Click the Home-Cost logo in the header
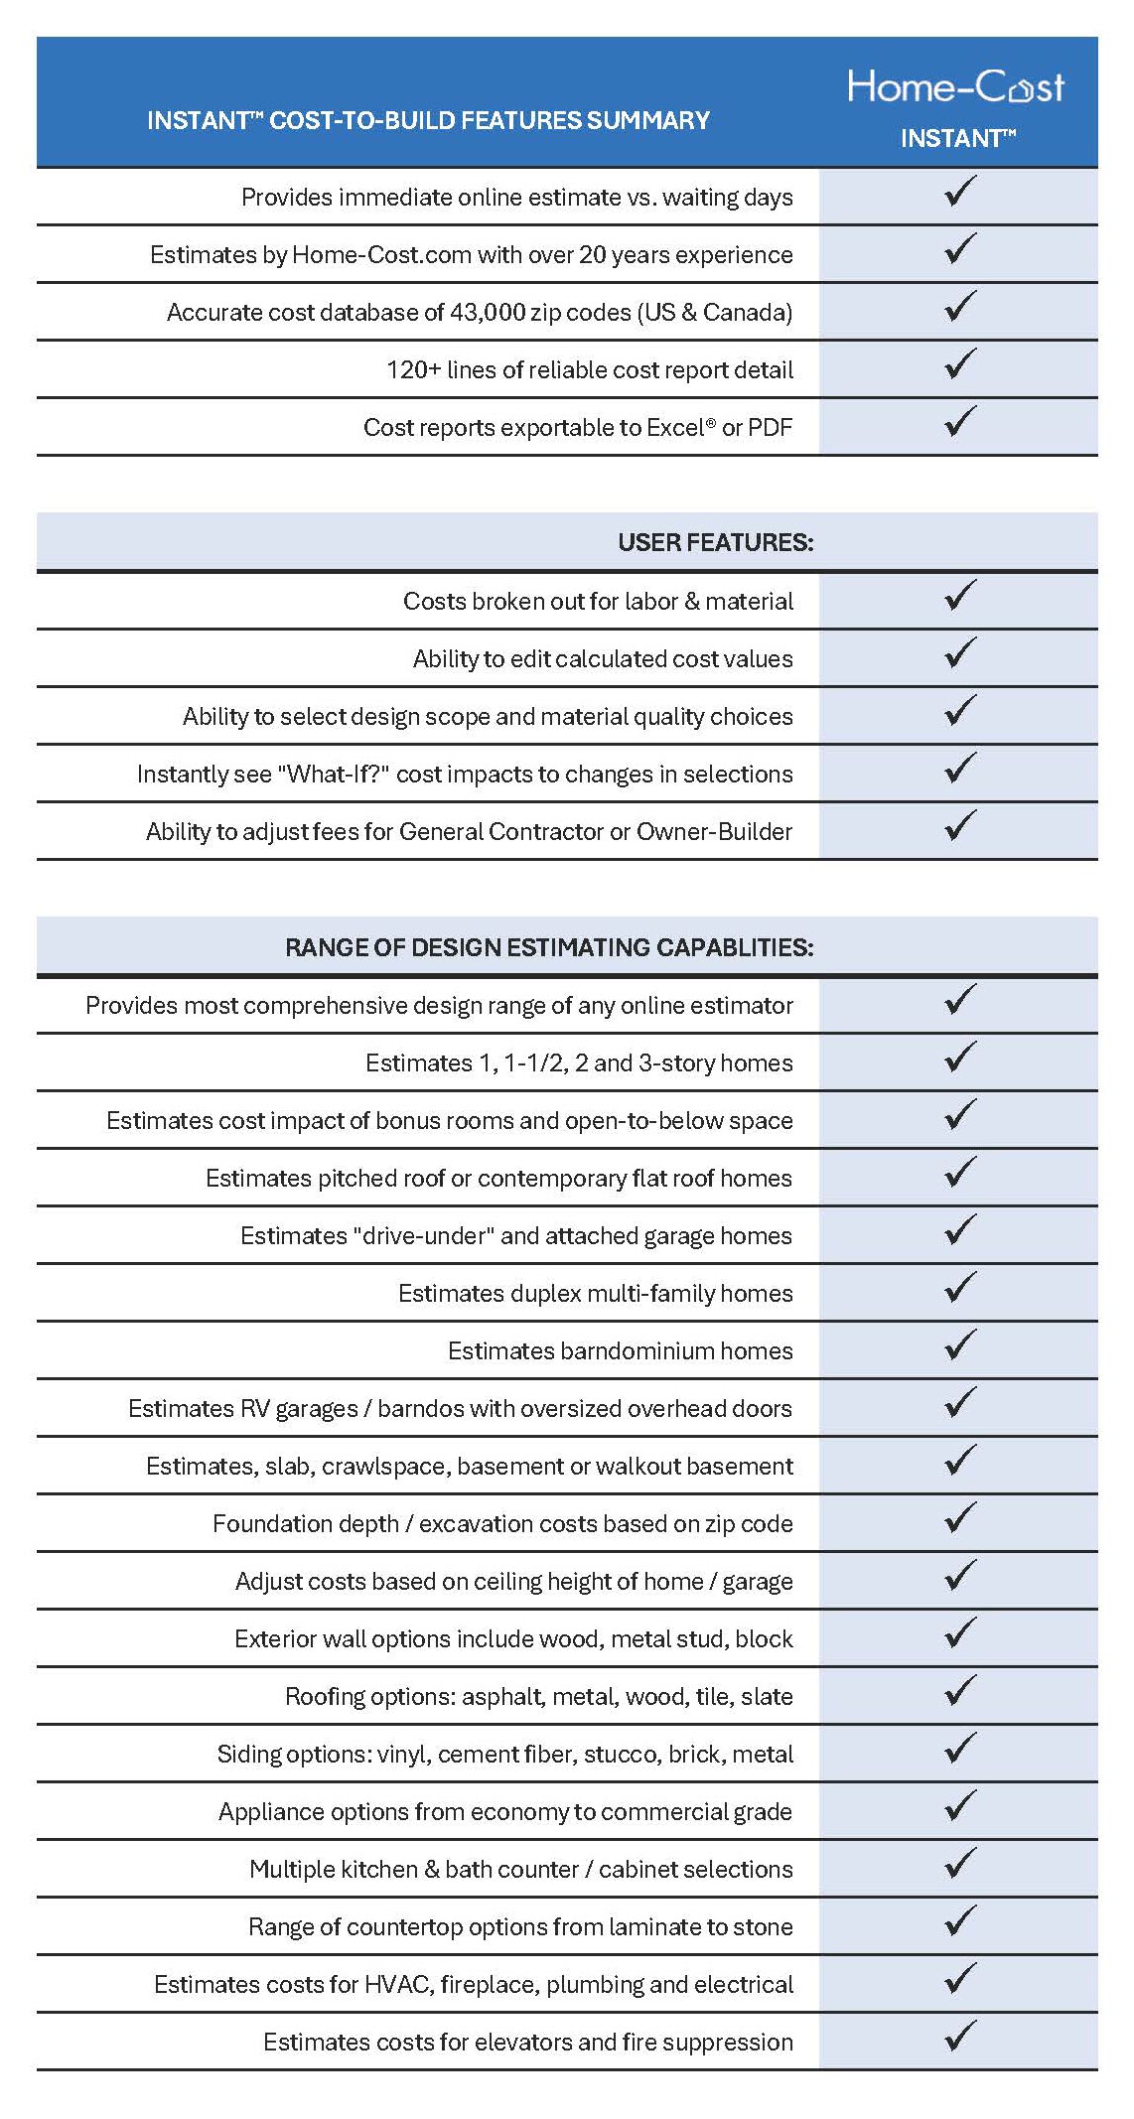point(955,87)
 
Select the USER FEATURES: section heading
point(715,542)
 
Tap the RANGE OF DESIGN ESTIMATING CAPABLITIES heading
point(549,947)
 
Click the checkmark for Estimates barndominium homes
point(960,1346)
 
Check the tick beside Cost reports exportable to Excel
point(960,423)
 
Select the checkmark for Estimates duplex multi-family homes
point(960,1289)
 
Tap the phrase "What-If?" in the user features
point(335,775)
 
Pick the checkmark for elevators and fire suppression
point(960,2038)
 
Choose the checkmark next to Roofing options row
point(960,1692)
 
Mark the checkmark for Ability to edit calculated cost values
point(960,654)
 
